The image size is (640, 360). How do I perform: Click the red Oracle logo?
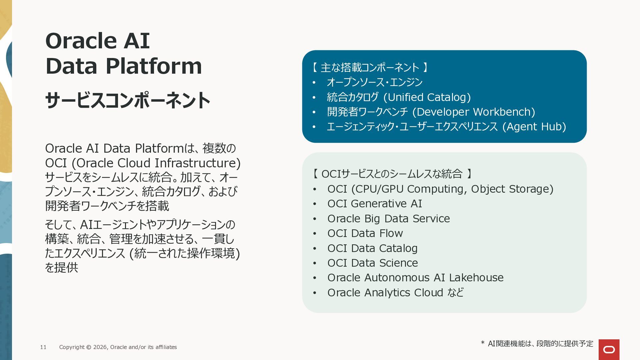(x=609, y=349)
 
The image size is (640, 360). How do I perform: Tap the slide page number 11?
(x=43, y=347)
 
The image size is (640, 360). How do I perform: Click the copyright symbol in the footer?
(x=89, y=347)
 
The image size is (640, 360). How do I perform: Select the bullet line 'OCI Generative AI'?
(x=375, y=203)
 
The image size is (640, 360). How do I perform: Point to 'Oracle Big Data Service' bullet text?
(x=389, y=218)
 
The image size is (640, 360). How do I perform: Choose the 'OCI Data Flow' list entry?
(x=365, y=233)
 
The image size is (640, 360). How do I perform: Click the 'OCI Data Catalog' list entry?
(x=372, y=248)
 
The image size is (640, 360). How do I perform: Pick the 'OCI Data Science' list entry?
(x=373, y=263)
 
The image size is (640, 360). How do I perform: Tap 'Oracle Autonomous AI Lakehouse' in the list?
(x=415, y=277)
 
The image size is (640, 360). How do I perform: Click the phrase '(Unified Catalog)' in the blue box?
(x=427, y=97)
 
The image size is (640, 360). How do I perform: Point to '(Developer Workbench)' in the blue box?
(x=474, y=112)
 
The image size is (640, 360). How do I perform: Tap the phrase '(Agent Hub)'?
(x=534, y=126)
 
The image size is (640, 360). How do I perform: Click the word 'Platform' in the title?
(x=154, y=66)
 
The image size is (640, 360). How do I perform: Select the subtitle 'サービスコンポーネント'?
(x=128, y=100)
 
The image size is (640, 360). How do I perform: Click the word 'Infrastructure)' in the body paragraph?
(x=198, y=163)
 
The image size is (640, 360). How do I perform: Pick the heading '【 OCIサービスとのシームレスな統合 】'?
(x=392, y=174)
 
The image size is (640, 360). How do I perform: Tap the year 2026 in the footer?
(x=100, y=347)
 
